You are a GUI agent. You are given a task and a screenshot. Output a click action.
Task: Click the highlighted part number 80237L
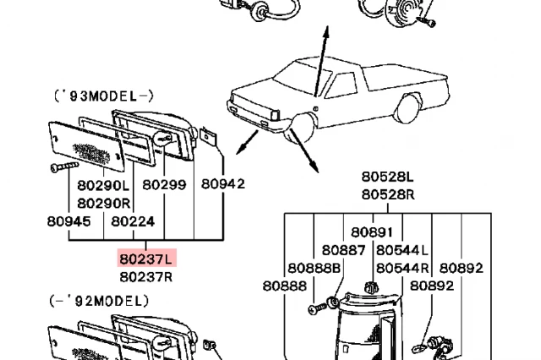145,259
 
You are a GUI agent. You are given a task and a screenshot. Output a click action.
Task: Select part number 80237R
145,276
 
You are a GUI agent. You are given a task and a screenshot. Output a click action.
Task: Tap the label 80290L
103,185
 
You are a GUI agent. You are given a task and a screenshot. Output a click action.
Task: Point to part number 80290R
103,203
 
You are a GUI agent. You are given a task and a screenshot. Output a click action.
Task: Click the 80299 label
163,185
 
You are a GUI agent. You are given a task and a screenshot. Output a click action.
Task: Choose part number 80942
222,184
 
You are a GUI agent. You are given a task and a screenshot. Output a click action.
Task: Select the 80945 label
68,221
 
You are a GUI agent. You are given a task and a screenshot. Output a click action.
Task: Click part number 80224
133,221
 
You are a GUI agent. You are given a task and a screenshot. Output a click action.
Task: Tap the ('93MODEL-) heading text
103,96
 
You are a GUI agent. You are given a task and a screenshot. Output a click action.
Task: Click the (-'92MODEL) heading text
98,301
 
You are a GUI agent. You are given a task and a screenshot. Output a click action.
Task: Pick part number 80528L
388,177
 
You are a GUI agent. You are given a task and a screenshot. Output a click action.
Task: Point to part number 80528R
388,194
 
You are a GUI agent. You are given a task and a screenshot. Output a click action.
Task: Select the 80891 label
372,232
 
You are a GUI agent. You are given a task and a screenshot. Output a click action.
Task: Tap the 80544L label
402,250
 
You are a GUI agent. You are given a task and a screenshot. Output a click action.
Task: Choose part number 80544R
402,268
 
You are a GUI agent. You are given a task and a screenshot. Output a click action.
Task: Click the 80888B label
314,268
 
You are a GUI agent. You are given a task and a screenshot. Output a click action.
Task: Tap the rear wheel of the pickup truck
407,107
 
